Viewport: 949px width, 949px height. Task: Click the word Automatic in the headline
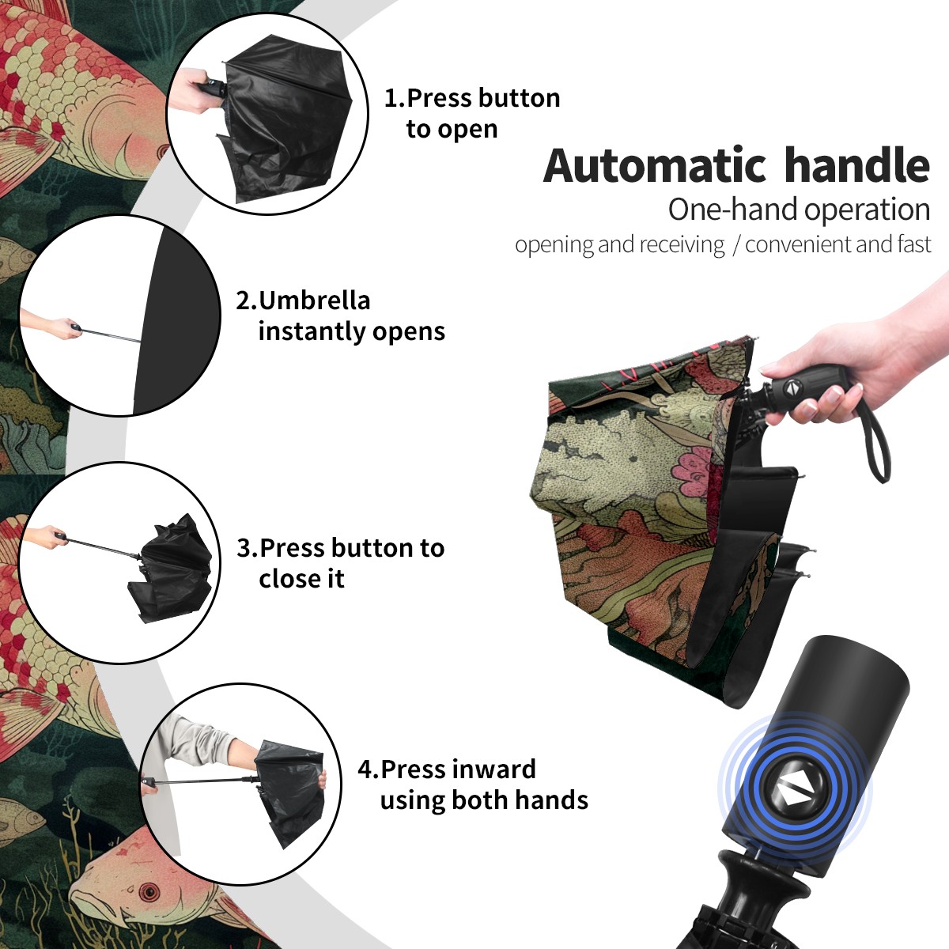655,166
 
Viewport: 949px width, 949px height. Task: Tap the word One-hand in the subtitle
733,210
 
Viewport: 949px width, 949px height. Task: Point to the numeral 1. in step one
395,98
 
